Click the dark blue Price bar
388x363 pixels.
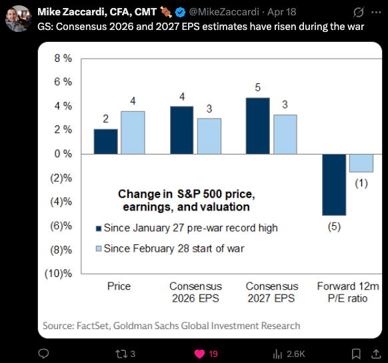pyautogui.click(x=105, y=142)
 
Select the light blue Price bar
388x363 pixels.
pyautogui.click(x=133, y=133)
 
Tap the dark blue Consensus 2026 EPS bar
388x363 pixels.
pyautogui.click(x=182, y=131)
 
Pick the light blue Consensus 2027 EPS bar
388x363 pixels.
pyautogui.click(x=285, y=135)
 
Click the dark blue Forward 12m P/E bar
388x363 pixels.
pyautogui.click(x=334, y=184)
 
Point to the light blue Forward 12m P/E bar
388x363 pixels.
pyautogui.click(x=361, y=163)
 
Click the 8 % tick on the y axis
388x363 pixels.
pyautogui.click(x=63, y=59)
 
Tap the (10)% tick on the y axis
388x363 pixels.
pyautogui.click(x=59, y=274)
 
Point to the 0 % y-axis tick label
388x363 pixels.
pyautogui.click(x=63, y=154)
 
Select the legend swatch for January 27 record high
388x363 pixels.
pyautogui.click(x=99, y=228)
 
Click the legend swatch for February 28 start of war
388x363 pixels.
pyautogui.click(x=99, y=248)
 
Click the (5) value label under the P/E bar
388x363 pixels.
pyautogui.click(x=334, y=226)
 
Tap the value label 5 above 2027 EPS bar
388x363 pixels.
pyautogui.click(x=258, y=87)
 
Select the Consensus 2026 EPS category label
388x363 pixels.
pyautogui.click(x=195, y=292)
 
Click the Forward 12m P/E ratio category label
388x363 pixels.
pyautogui.click(x=348, y=292)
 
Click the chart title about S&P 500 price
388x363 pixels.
pyautogui.click(x=186, y=200)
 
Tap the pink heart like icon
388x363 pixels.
pyautogui.click(x=200, y=354)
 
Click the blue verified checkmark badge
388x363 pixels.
pyautogui.click(x=180, y=12)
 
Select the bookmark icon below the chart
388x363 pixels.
pyautogui.click(x=356, y=354)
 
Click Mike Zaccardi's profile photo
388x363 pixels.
pyautogui.click(x=19, y=19)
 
